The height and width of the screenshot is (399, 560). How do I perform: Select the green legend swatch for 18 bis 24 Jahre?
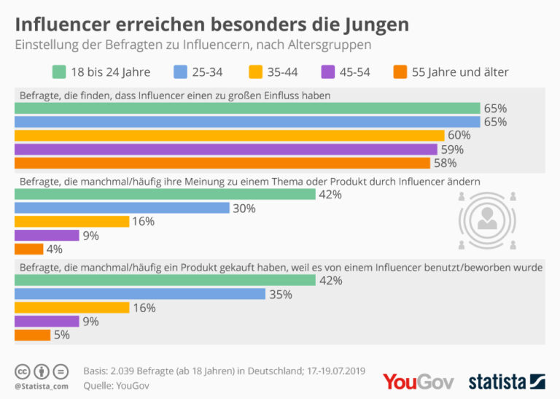pos(60,71)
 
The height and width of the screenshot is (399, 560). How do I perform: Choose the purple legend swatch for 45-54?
pos(327,71)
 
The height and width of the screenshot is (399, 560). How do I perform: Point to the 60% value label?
pos(459,136)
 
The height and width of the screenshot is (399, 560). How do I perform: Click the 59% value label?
pos(451,150)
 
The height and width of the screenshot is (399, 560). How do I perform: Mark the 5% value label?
pos(63,336)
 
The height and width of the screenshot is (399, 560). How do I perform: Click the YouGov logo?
pos(418,381)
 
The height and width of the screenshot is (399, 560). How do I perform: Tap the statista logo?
pos(507,381)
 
